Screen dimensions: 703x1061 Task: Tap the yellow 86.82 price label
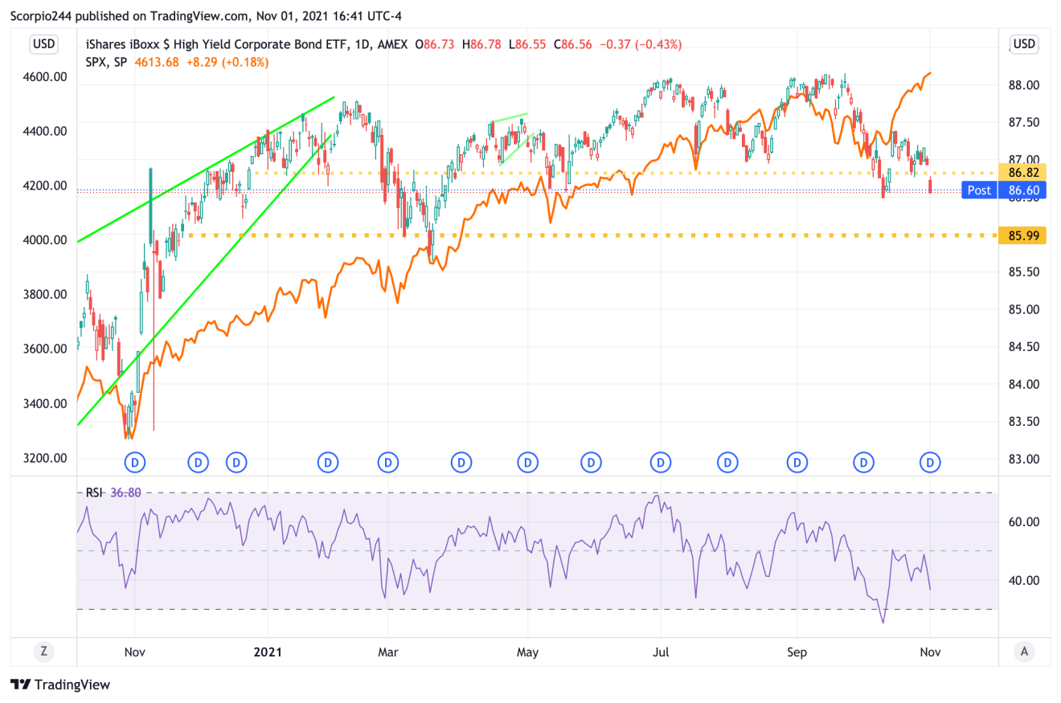(1022, 173)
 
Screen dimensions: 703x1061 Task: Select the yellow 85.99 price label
(1022, 235)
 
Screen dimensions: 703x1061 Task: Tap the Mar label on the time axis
(388, 652)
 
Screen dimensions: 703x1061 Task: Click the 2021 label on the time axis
(268, 652)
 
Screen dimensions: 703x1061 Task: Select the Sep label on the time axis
(797, 652)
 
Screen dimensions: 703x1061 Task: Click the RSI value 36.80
(125, 493)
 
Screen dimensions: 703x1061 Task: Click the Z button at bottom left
(43, 652)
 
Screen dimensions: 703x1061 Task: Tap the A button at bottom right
(1023, 652)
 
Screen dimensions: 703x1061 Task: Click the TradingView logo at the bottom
(60, 685)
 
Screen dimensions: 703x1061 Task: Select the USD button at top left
(43, 44)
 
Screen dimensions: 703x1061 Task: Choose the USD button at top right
(1023, 44)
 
